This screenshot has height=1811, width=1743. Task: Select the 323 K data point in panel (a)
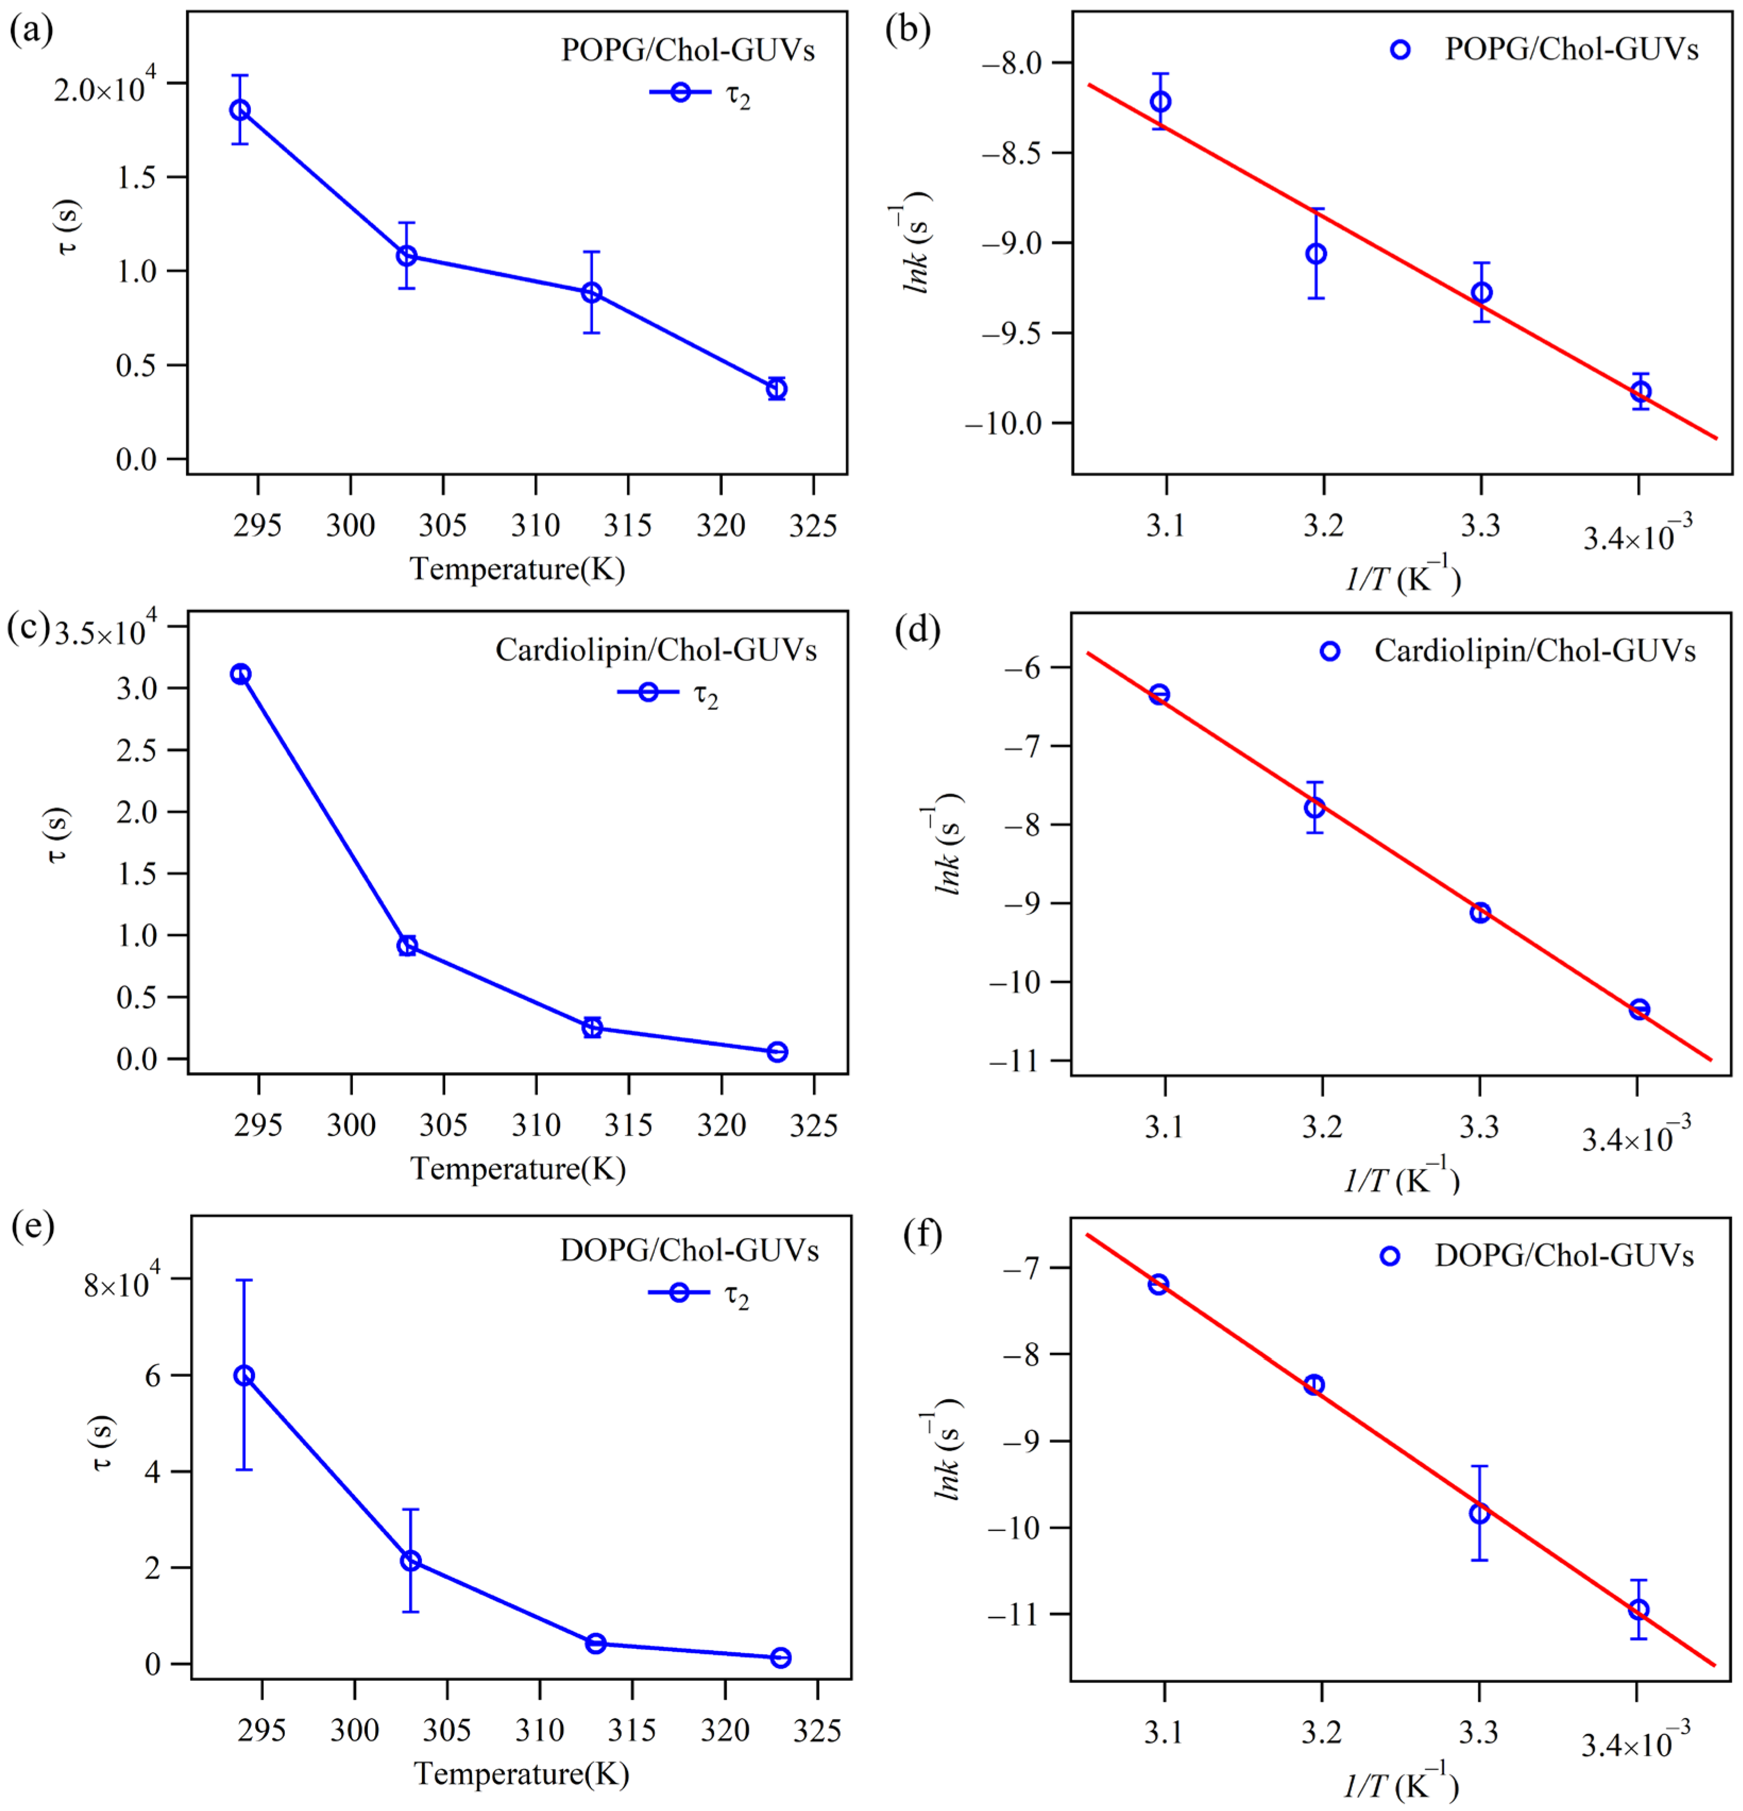click(776, 389)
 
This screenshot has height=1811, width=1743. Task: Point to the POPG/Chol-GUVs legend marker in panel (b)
click(1400, 50)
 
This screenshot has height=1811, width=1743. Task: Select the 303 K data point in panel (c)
click(407, 945)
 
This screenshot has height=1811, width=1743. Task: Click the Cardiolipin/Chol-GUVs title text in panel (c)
click(655, 650)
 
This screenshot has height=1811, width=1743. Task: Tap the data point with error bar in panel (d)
click(1314, 808)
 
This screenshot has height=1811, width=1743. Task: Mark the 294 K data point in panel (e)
click(244, 1376)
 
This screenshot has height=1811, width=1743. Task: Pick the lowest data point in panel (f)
click(1638, 1610)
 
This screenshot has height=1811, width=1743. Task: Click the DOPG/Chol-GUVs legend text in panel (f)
click(1564, 1256)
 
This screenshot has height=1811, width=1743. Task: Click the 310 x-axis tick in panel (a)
click(536, 527)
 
